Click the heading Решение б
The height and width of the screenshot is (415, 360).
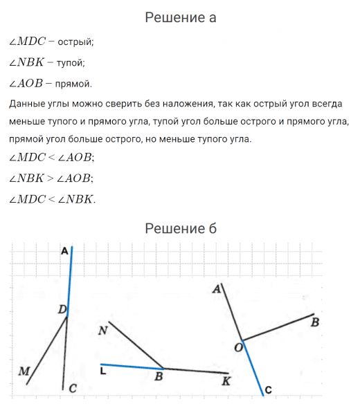180,228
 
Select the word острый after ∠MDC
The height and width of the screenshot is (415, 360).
75,42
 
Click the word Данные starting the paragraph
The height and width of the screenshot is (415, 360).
28,104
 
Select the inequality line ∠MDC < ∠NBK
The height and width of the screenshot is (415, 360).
53,199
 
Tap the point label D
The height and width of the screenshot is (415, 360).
62,309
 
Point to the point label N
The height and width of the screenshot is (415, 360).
102,331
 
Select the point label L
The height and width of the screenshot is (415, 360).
102,372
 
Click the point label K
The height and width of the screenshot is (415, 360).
225,380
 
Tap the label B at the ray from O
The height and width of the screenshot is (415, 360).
315,322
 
